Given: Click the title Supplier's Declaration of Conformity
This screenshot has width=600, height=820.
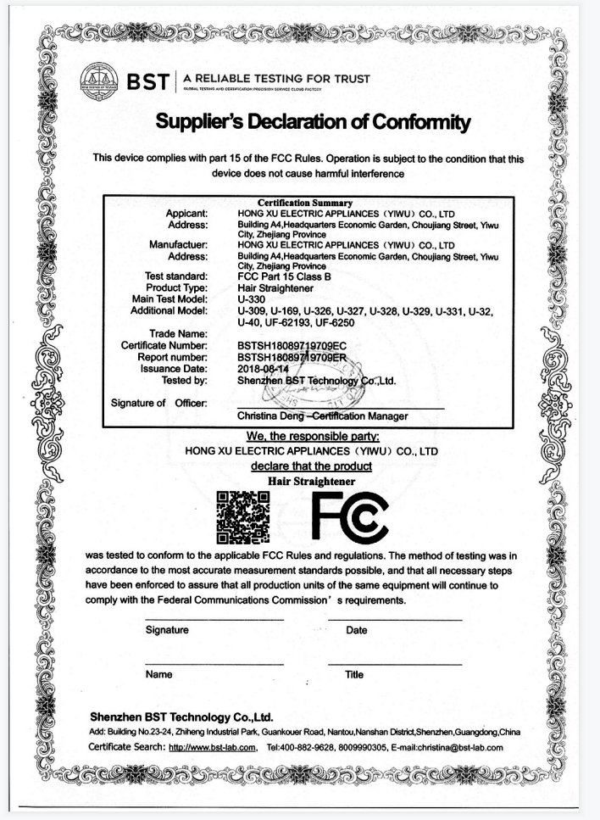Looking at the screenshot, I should click(x=313, y=123).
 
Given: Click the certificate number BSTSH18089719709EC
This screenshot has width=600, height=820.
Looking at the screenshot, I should click(x=292, y=346).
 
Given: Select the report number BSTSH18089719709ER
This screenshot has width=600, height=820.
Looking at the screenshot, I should click(x=292, y=357).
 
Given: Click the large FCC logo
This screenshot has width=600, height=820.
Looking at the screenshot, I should click(x=348, y=515).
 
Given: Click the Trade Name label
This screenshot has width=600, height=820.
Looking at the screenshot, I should click(x=179, y=334).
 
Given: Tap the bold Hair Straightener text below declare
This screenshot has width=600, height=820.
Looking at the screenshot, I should click(x=311, y=481).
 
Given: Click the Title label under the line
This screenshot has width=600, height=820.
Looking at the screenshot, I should click(x=354, y=675).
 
